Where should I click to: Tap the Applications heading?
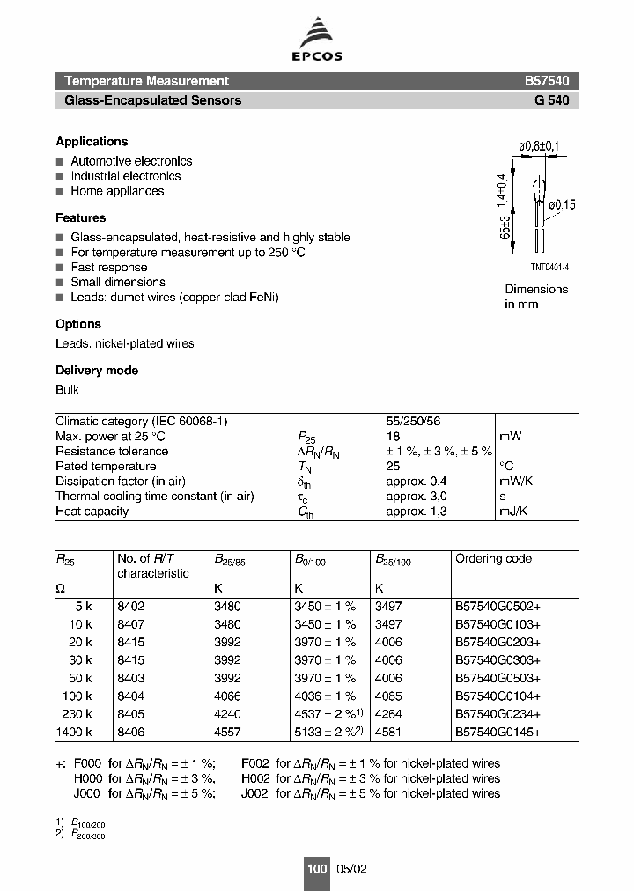(x=92, y=141)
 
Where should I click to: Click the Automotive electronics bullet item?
(x=131, y=161)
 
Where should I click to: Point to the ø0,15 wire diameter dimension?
(x=561, y=204)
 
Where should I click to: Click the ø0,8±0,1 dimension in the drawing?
(x=539, y=145)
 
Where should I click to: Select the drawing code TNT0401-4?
(x=549, y=266)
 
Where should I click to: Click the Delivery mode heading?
(x=97, y=371)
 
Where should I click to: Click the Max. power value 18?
(x=393, y=436)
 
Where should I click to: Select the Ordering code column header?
(x=493, y=558)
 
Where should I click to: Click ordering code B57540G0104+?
(x=498, y=696)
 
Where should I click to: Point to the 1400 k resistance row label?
(x=74, y=732)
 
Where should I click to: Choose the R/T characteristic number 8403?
(x=130, y=678)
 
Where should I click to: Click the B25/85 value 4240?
(x=227, y=714)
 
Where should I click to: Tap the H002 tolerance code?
(x=255, y=778)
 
